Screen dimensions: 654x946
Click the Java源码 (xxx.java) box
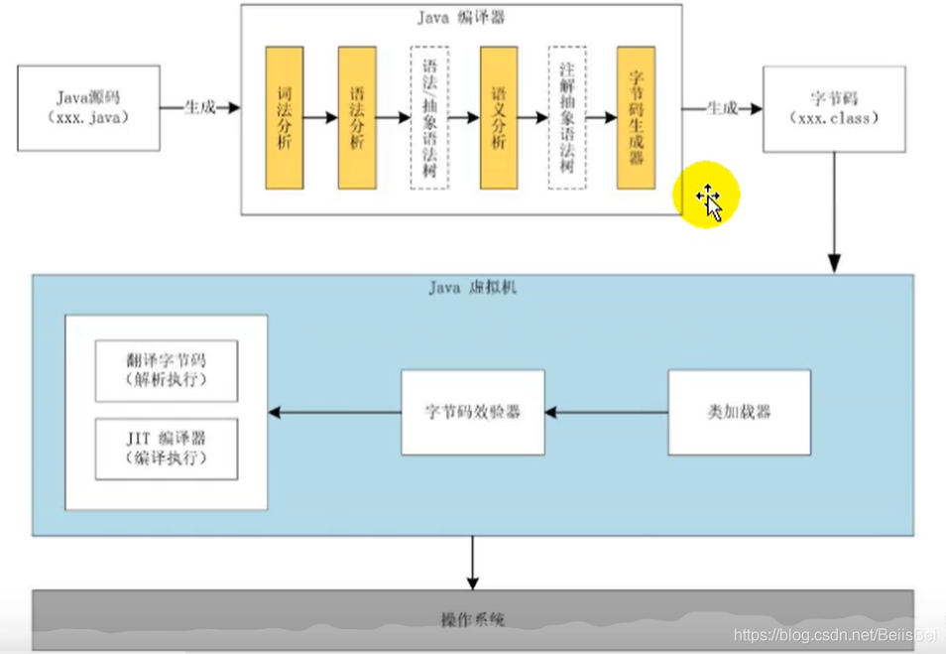coord(88,107)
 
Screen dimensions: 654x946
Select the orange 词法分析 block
coord(284,117)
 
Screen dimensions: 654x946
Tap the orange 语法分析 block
coord(357,117)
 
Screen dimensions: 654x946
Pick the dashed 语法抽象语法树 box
coord(429,117)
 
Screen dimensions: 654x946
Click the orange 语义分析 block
coord(500,117)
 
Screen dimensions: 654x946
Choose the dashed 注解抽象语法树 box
coord(567,117)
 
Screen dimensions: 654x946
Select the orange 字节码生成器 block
coord(636,117)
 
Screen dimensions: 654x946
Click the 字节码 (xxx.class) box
coord(833,109)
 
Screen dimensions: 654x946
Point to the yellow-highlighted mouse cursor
coord(708,198)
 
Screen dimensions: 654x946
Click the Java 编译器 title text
coord(460,17)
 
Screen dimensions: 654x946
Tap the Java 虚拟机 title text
coord(472,288)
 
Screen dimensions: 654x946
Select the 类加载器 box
coord(739,412)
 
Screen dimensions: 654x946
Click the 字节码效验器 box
coord(473,412)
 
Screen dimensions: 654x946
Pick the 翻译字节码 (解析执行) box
coord(167,370)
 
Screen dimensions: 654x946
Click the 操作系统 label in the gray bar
coord(472,619)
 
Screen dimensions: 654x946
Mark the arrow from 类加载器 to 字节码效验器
coord(606,412)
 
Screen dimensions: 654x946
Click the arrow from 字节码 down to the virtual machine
coord(834,212)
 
